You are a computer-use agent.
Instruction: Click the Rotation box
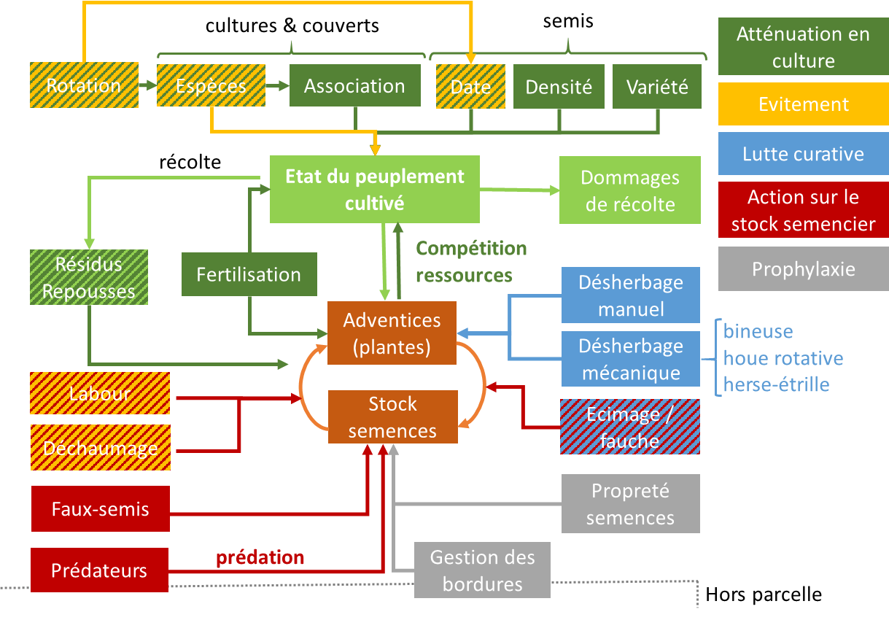tap(84, 85)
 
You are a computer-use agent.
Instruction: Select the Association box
tap(355, 86)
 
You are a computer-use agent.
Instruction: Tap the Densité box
tap(559, 87)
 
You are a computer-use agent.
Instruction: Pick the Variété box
tap(657, 87)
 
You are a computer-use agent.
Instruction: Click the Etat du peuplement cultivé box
tap(374, 190)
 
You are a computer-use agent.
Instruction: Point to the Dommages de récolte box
tap(629, 190)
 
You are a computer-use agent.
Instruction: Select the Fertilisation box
tap(249, 275)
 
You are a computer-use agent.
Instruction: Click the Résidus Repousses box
tap(89, 277)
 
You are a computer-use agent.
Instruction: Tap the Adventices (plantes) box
tap(392, 333)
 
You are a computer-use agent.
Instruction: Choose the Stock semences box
tap(392, 416)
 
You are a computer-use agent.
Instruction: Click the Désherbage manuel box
tap(631, 295)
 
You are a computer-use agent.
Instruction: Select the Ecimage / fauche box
tap(630, 427)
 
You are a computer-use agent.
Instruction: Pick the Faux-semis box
tap(101, 508)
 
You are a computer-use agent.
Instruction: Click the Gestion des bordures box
tap(482, 570)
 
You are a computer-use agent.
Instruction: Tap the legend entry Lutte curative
tap(803, 155)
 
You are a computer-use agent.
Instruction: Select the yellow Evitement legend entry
tap(803, 104)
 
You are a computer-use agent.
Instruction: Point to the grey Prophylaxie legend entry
tap(803, 269)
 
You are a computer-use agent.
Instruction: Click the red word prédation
tap(260, 558)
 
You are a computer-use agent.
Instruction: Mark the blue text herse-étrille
tap(776, 384)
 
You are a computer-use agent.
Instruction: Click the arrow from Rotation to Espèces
tap(147, 85)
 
